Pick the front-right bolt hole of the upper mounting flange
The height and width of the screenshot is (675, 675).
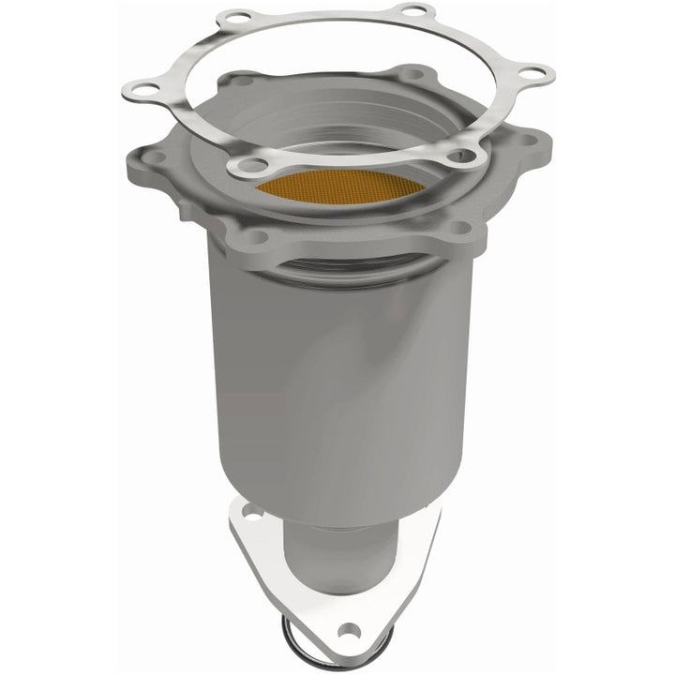point(458,227)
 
